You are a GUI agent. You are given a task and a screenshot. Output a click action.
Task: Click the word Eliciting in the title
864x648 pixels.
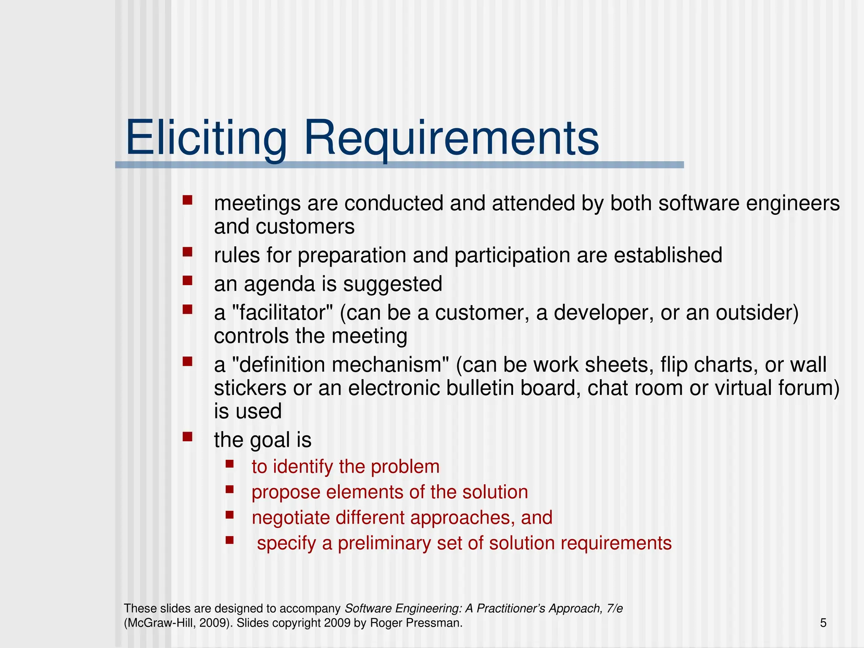(x=206, y=138)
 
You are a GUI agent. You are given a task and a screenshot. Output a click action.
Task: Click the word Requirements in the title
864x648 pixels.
(x=451, y=138)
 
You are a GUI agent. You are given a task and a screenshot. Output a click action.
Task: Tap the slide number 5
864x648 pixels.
(x=823, y=623)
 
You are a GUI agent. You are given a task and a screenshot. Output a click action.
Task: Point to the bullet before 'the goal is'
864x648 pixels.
(x=187, y=436)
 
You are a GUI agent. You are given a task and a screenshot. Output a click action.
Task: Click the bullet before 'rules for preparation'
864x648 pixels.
(x=187, y=252)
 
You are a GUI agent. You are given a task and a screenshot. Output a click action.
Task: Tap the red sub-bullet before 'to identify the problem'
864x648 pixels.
(x=229, y=464)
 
